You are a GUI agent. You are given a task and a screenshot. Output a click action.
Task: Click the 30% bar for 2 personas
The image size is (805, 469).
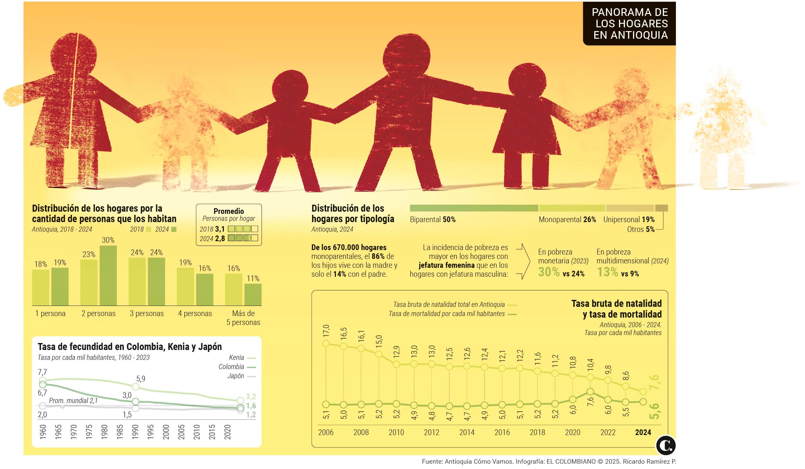tap(108, 275)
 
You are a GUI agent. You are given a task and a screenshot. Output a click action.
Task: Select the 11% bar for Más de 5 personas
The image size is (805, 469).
tap(253, 294)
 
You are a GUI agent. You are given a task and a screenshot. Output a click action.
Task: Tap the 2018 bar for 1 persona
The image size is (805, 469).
tap(41, 287)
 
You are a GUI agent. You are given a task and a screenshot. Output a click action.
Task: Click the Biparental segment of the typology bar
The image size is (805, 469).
tap(474, 208)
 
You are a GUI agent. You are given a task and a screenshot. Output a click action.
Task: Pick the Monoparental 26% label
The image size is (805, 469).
tap(567, 220)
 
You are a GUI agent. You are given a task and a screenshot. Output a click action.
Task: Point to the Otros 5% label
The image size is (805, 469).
tap(641, 229)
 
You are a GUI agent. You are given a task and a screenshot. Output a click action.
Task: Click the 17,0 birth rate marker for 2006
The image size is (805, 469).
tap(326, 344)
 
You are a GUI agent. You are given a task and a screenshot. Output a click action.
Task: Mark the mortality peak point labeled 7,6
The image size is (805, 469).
tap(590, 392)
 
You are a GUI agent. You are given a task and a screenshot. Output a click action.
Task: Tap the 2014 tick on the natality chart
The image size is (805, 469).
tap(467, 432)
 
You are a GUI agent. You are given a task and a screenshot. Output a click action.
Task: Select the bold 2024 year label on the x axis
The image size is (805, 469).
tap(643, 432)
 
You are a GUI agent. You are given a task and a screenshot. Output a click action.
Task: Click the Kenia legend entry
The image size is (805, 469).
tap(242, 358)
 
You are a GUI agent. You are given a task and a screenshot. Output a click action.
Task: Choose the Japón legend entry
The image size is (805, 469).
tap(241, 376)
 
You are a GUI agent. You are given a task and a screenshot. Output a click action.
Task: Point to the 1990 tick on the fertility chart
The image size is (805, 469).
tap(135, 432)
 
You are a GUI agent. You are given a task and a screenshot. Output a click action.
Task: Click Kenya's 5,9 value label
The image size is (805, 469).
tap(141, 379)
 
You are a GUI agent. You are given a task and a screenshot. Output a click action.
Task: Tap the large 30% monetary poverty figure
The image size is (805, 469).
tap(549, 272)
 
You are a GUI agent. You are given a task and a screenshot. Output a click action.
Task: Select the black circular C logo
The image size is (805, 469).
tap(666, 446)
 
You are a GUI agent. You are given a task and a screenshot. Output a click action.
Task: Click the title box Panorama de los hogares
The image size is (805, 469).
tap(629, 23)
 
